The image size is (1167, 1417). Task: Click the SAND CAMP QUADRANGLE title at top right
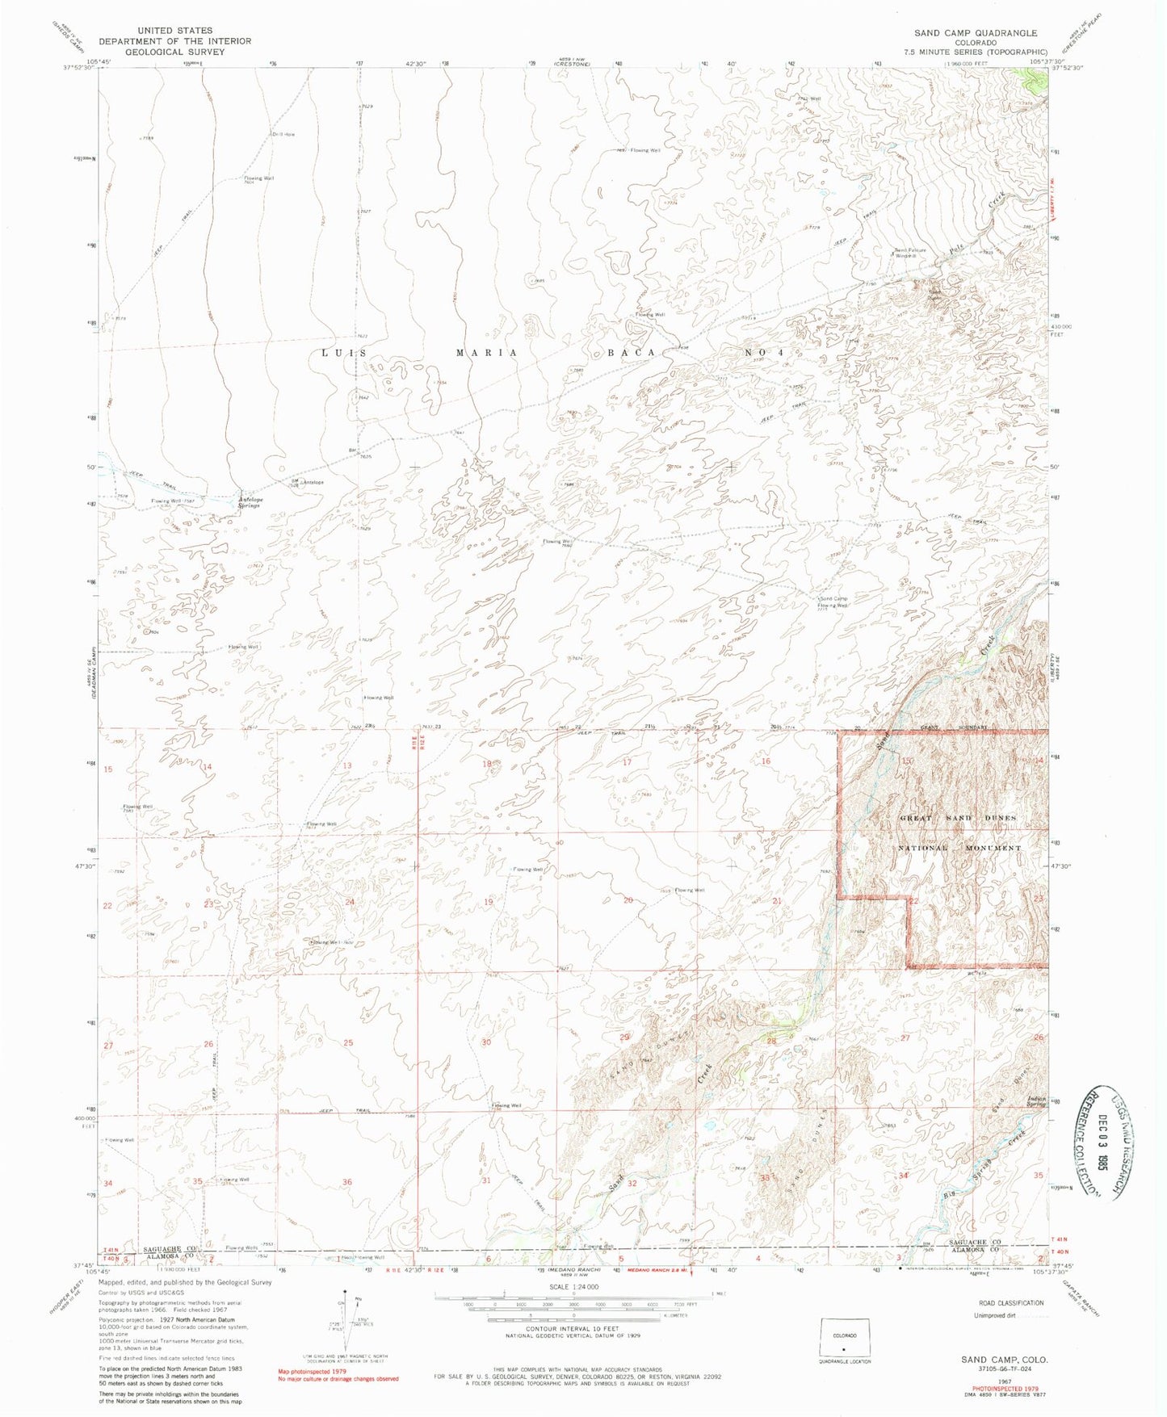point(976,33)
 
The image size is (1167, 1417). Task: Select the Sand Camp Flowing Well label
point(833,602)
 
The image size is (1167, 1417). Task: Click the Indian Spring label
point(1036,1101)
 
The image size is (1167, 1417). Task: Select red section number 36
point(347,1182)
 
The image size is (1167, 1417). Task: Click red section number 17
point(628,762)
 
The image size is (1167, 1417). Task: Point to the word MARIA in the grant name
point(483,353)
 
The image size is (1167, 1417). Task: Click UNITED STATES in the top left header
point(175,31)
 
